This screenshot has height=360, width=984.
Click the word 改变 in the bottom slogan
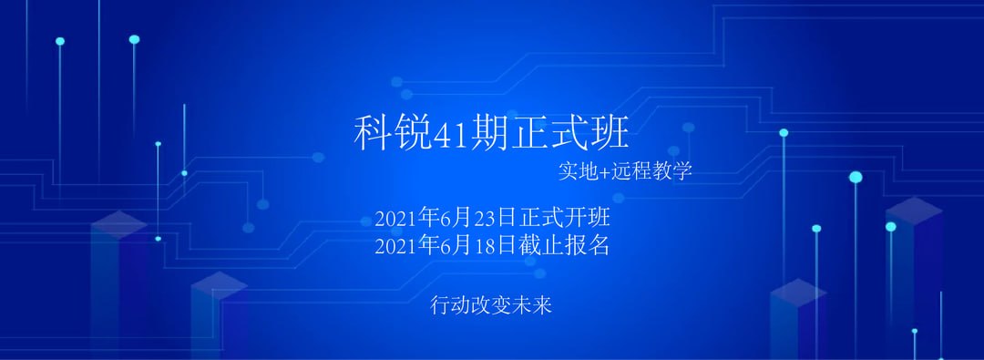coord(491,305)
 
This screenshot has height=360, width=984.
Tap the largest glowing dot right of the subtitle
coord(856,177)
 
